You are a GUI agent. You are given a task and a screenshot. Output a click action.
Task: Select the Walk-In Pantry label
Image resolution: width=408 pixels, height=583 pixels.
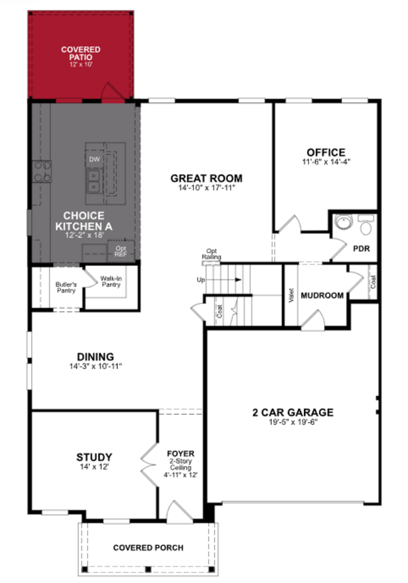tap(111, 281)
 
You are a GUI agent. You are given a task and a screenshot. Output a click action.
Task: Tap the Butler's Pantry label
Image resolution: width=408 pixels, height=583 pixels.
tap(66, 287)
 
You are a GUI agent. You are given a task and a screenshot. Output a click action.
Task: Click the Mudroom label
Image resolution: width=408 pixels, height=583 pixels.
tap(322, 296)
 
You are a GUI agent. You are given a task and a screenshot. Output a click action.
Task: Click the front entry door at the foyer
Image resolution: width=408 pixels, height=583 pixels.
tap(179, 513)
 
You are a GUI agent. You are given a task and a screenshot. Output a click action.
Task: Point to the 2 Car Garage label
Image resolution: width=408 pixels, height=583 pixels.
tap(293, 413)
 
